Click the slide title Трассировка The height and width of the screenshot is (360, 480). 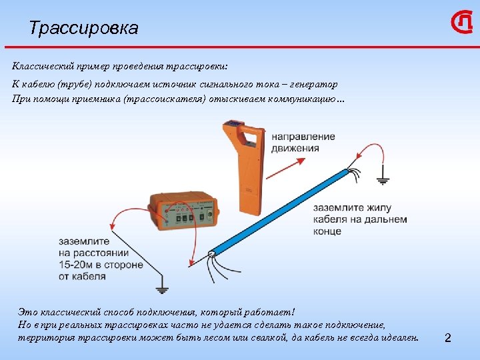(x=84, y=28)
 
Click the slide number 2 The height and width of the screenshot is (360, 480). (x=448, y=339)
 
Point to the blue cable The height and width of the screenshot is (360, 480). (x=280, y=212)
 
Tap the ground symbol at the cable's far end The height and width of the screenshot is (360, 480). (x=384, y=179)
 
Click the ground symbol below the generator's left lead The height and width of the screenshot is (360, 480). (x=160, y=289)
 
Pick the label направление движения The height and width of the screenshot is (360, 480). (x=303, y=141)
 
